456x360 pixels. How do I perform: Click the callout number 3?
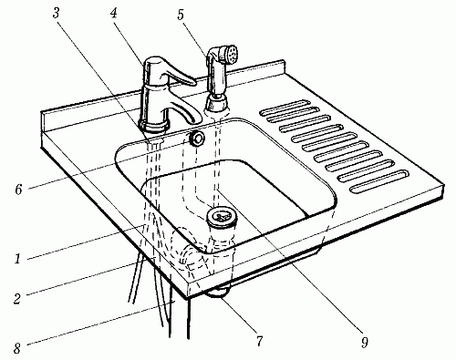point(56,13)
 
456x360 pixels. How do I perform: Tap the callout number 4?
point(114,13)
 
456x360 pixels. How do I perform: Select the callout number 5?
point(181,15)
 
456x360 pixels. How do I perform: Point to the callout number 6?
point(19,190)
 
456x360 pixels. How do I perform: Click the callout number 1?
point(17,259)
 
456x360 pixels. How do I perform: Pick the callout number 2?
point(17,298)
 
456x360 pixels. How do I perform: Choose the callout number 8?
point(17,347)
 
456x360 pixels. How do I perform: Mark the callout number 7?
point(259,341)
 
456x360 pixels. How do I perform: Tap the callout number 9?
point(364,342)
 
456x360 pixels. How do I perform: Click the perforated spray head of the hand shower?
point(232,54)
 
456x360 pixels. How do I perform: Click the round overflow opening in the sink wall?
point(197,139)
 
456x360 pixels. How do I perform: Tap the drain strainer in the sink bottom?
point(222,217)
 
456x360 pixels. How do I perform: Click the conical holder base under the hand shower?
point(216,104)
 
